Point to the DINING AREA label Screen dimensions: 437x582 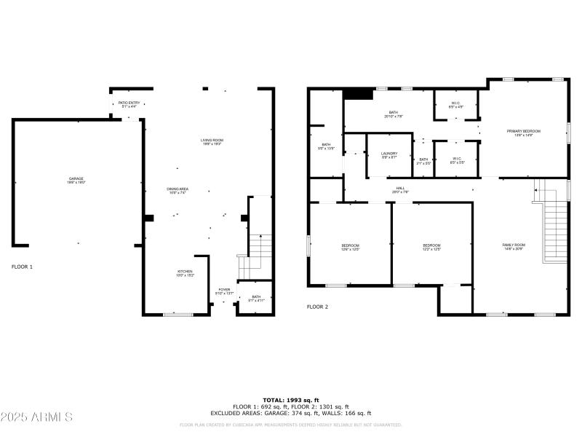[x=178, y=192]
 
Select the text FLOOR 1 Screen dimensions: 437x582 [x=22, y=267]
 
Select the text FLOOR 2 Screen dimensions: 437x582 [x=317, y=307]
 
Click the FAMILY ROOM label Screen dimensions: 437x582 [x=513, y=246]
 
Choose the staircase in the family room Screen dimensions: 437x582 [x=555, y=229]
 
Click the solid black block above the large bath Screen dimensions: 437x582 [x=358, y=93]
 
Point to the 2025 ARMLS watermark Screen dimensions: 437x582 [x=36, y=417]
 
